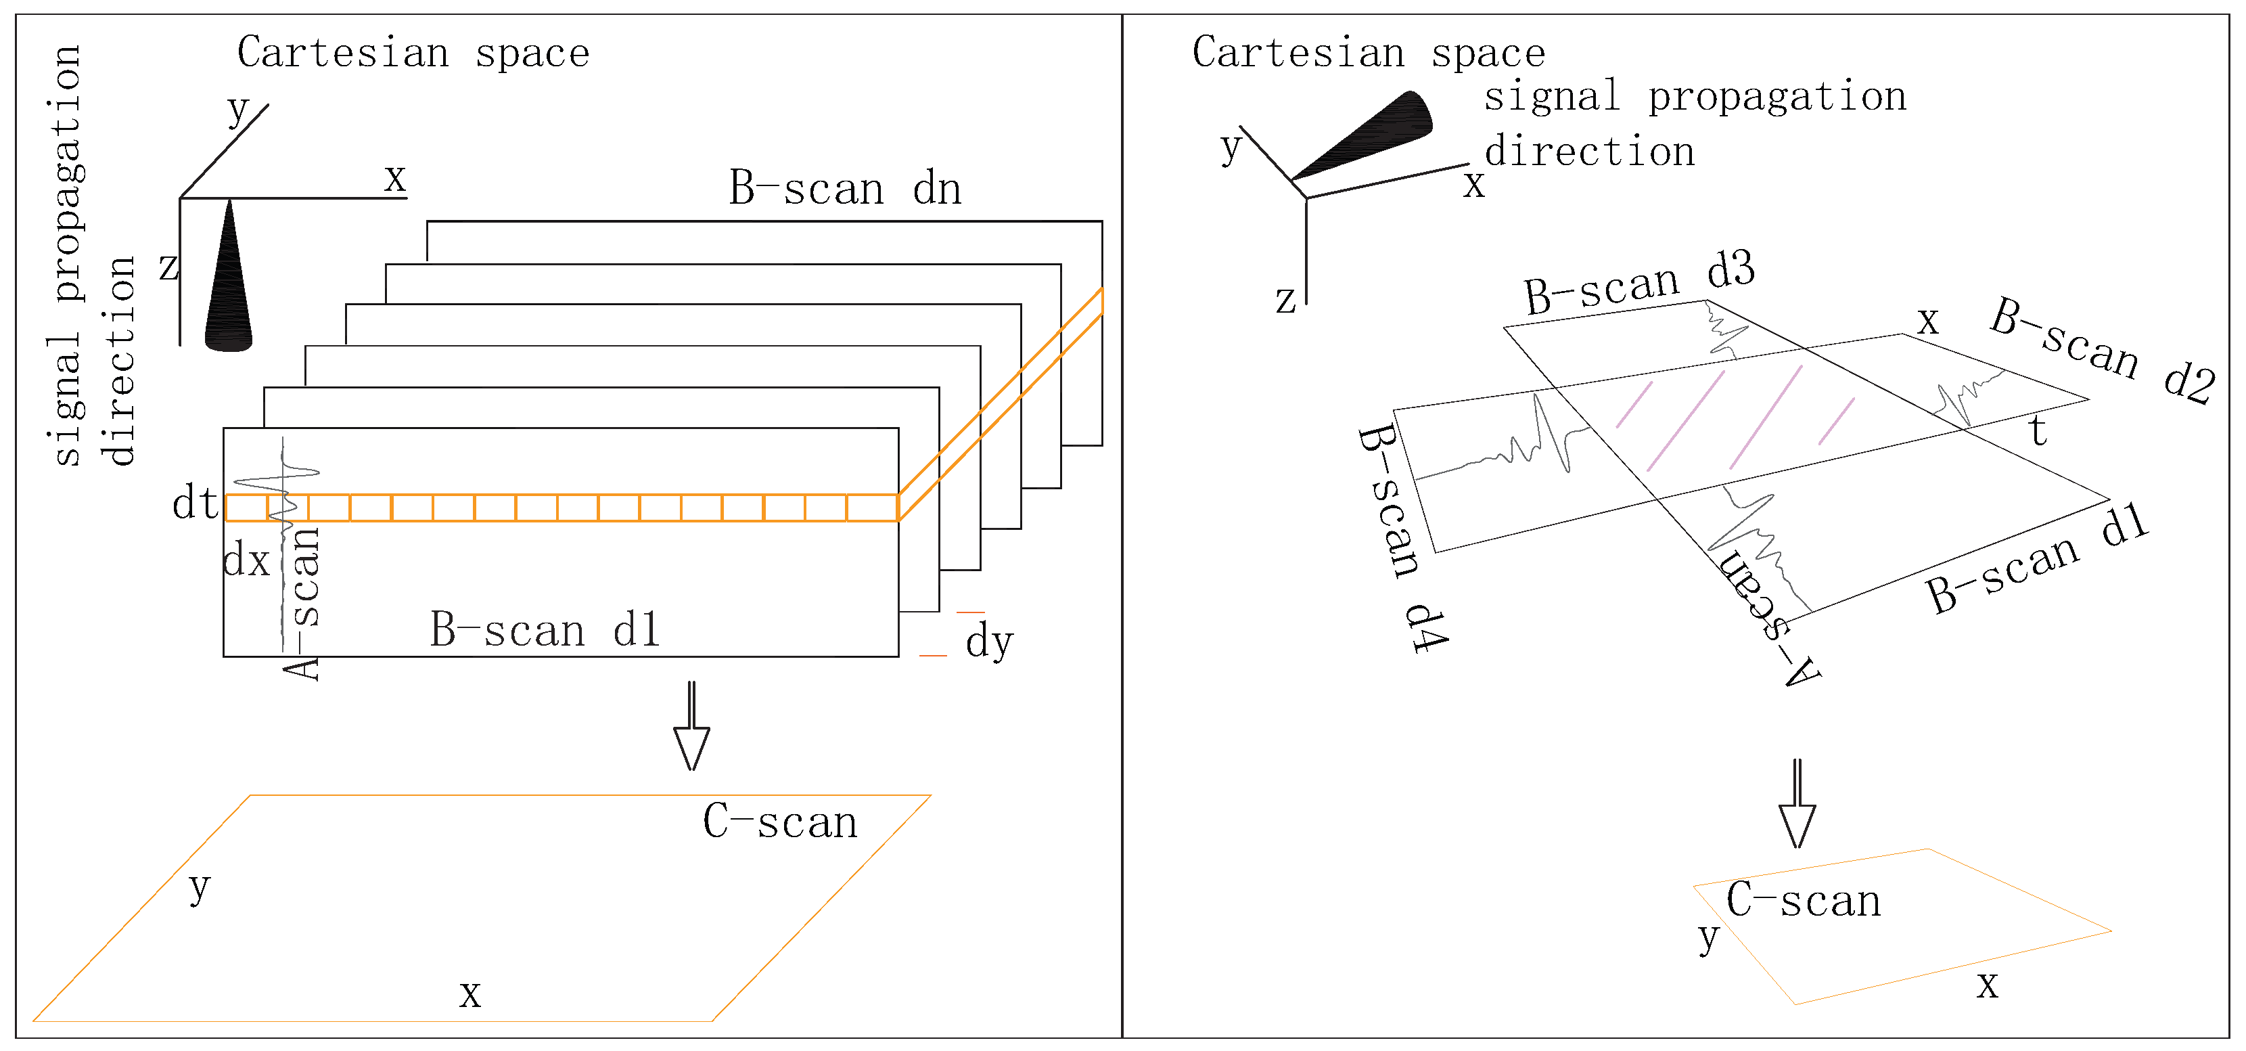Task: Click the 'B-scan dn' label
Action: pyautogui.click(x=844, y=188)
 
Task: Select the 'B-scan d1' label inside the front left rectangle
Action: pyautogui.click(x=545, y=630)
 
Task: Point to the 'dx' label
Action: pyautogui.click(x=246, y=560)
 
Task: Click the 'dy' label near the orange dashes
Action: pyautogui.click(x=989, y=642)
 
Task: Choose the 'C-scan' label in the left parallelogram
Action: pyautogui.click(x=779, y=822)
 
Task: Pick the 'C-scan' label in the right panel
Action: pyautogui.click(x=1803, y=900)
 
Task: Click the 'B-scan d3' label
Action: pyautogui.click(x=1638, y=284)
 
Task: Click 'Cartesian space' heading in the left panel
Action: pyautogui.click(x=413, y=52)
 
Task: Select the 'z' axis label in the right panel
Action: pyautogui.click(x=1285, y=299)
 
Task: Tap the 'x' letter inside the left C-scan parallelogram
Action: pyautogui.click(x=470, y=993)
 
